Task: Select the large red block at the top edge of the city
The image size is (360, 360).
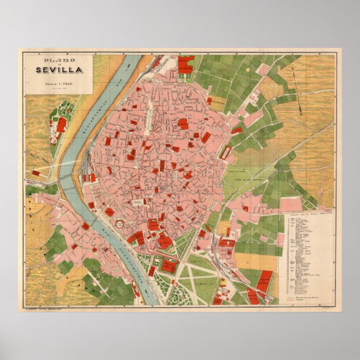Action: pos(185,63)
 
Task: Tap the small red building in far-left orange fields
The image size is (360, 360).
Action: pos(36,173)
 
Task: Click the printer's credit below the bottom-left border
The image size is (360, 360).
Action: pos(45,308)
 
